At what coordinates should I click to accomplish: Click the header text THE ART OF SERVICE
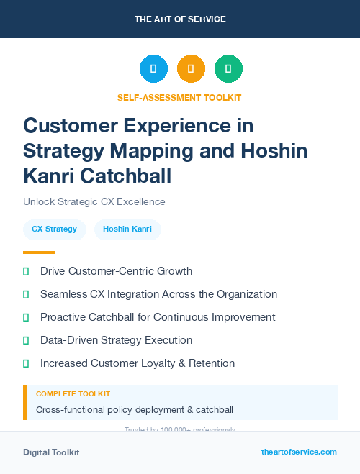tap(180, 19)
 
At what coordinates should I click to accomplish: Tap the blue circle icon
tap(153, 69)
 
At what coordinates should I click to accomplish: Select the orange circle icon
tap(191, 69)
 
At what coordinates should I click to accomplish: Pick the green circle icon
tap(228, 69)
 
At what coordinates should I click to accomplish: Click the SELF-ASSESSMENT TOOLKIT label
tap(179, 97)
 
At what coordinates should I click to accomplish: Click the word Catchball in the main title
tap(133, 175)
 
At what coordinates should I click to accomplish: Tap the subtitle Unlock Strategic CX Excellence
tap(94, 201)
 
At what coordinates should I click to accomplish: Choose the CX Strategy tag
tap(55, 229)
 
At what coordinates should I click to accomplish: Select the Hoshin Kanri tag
tap(127, 229)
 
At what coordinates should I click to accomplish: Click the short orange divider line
tap(39, 252)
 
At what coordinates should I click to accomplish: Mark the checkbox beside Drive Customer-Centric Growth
tap(27, 271)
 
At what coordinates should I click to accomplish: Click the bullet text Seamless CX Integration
tap(158, 294)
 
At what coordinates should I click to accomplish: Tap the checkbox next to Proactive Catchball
tap(27, 317)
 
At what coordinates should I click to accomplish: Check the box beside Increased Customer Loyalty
tap(27, 363)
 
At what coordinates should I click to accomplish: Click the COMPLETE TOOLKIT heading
tap(73, 394)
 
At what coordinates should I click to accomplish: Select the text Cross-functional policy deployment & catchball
tap(135, 410)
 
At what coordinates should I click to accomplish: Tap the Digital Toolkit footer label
tap(51, 452)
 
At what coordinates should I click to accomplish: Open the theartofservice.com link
tap(299, 452)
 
